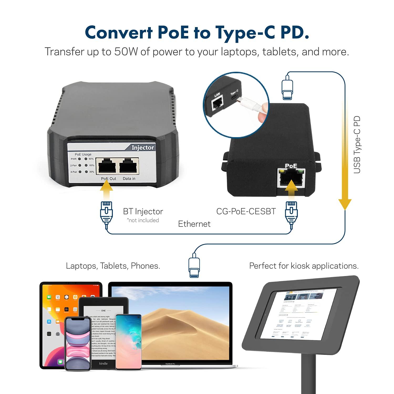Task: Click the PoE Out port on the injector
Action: (107, 166)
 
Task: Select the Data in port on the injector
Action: (129, 166)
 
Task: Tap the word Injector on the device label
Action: (143, 148)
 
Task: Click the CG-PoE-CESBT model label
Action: (246, 211)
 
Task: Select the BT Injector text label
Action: (143, 211)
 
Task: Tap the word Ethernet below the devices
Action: (194, 224)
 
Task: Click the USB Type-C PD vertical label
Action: (357, 145)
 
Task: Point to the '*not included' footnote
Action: (143, 220)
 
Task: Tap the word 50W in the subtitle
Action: (126, 52)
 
